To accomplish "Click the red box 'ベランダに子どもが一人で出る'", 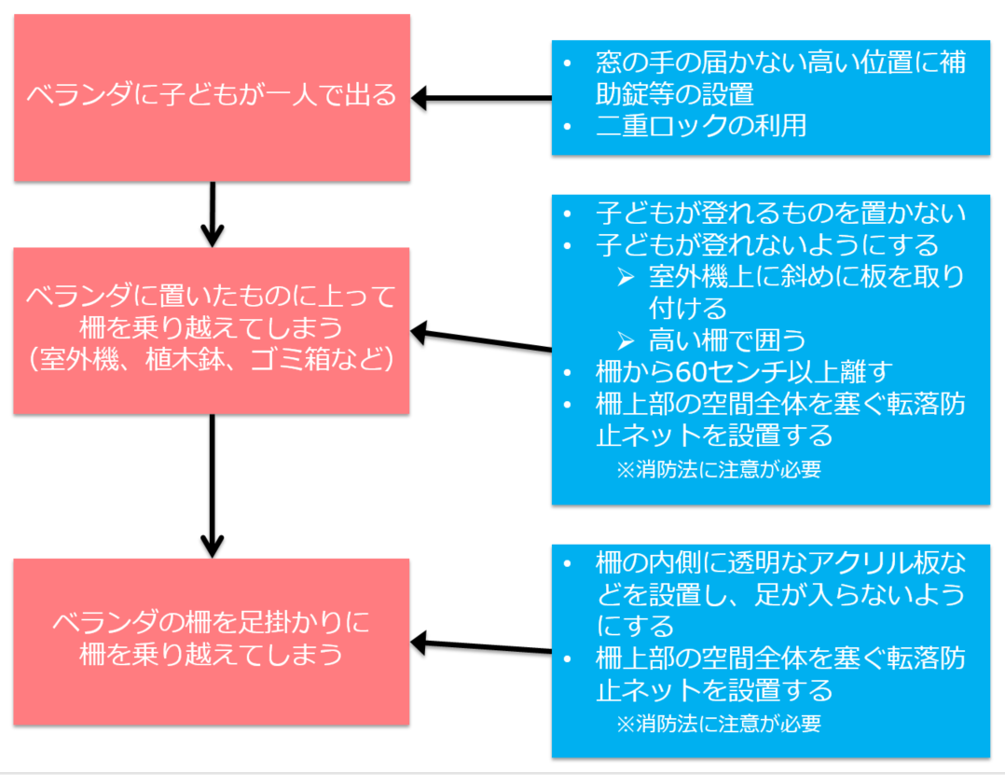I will point(212,96).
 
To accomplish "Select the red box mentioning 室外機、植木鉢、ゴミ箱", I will point(212,330).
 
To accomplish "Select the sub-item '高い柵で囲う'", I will point(727,339).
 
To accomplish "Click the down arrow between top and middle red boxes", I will point(213,214).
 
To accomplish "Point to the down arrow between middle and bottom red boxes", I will point(213,485).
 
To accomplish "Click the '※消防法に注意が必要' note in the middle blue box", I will point(718,470).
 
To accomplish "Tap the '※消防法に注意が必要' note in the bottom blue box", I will point(718,724).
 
